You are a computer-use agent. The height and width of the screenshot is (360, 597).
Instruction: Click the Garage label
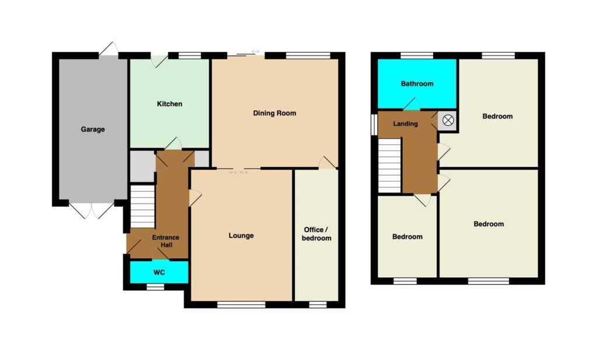tap(93, 130)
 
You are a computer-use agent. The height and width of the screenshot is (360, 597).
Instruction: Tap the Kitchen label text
tap(170, 104)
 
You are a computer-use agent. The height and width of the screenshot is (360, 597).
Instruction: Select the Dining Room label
tap(275, 113)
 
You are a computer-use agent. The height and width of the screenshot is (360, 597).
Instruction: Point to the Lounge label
tap(241, 236)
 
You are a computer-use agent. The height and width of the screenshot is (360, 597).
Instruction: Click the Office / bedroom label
tap(317, 234)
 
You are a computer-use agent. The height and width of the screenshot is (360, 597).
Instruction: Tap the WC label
tap(159, 272)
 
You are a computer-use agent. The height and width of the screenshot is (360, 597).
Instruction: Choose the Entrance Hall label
tap(166, 241)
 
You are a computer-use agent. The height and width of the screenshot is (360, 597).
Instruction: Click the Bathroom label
tap(417, 84)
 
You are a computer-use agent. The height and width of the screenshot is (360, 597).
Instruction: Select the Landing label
tap(406, 124)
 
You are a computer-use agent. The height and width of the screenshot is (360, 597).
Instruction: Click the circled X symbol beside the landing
tap(448, 121)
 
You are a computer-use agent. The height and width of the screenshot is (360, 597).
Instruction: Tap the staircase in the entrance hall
tap(142, 206)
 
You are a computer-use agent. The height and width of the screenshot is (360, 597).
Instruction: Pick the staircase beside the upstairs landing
tap(389, 166)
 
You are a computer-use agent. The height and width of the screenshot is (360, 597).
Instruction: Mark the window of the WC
tap(155, 287)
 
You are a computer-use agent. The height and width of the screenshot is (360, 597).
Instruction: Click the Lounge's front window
tap(241, 305)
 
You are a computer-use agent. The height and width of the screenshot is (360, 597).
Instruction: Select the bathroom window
tap(416, 55)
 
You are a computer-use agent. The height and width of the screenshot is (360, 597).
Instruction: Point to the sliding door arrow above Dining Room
tap(255, 52)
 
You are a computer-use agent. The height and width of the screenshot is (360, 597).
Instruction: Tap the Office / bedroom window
tap(318, 305)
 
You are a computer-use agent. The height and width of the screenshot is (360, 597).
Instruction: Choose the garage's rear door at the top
tap(108, 51)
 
